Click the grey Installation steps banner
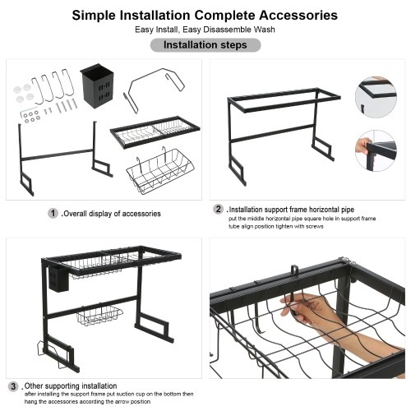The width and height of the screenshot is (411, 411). tap(205, 45)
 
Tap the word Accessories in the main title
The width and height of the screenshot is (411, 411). tap(298, 15)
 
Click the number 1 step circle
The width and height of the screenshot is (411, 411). tap(53, 213)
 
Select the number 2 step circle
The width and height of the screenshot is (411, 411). tap(219, 210)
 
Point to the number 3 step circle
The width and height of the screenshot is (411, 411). tap(13, 386)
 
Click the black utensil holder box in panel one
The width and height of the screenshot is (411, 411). tap(97, 85)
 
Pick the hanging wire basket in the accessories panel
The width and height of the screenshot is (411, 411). tap(159, 171)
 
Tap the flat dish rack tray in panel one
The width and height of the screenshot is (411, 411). tap(155, 132)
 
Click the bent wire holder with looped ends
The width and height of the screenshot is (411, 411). tap(154, 89)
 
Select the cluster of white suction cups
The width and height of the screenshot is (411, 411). tap(24, 93)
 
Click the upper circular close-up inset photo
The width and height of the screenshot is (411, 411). tap(376, 97)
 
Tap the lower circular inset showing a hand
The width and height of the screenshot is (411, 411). tap(376, 151)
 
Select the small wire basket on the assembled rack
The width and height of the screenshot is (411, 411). tap(99, 315)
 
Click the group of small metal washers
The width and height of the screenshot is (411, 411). tap(31, 116)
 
